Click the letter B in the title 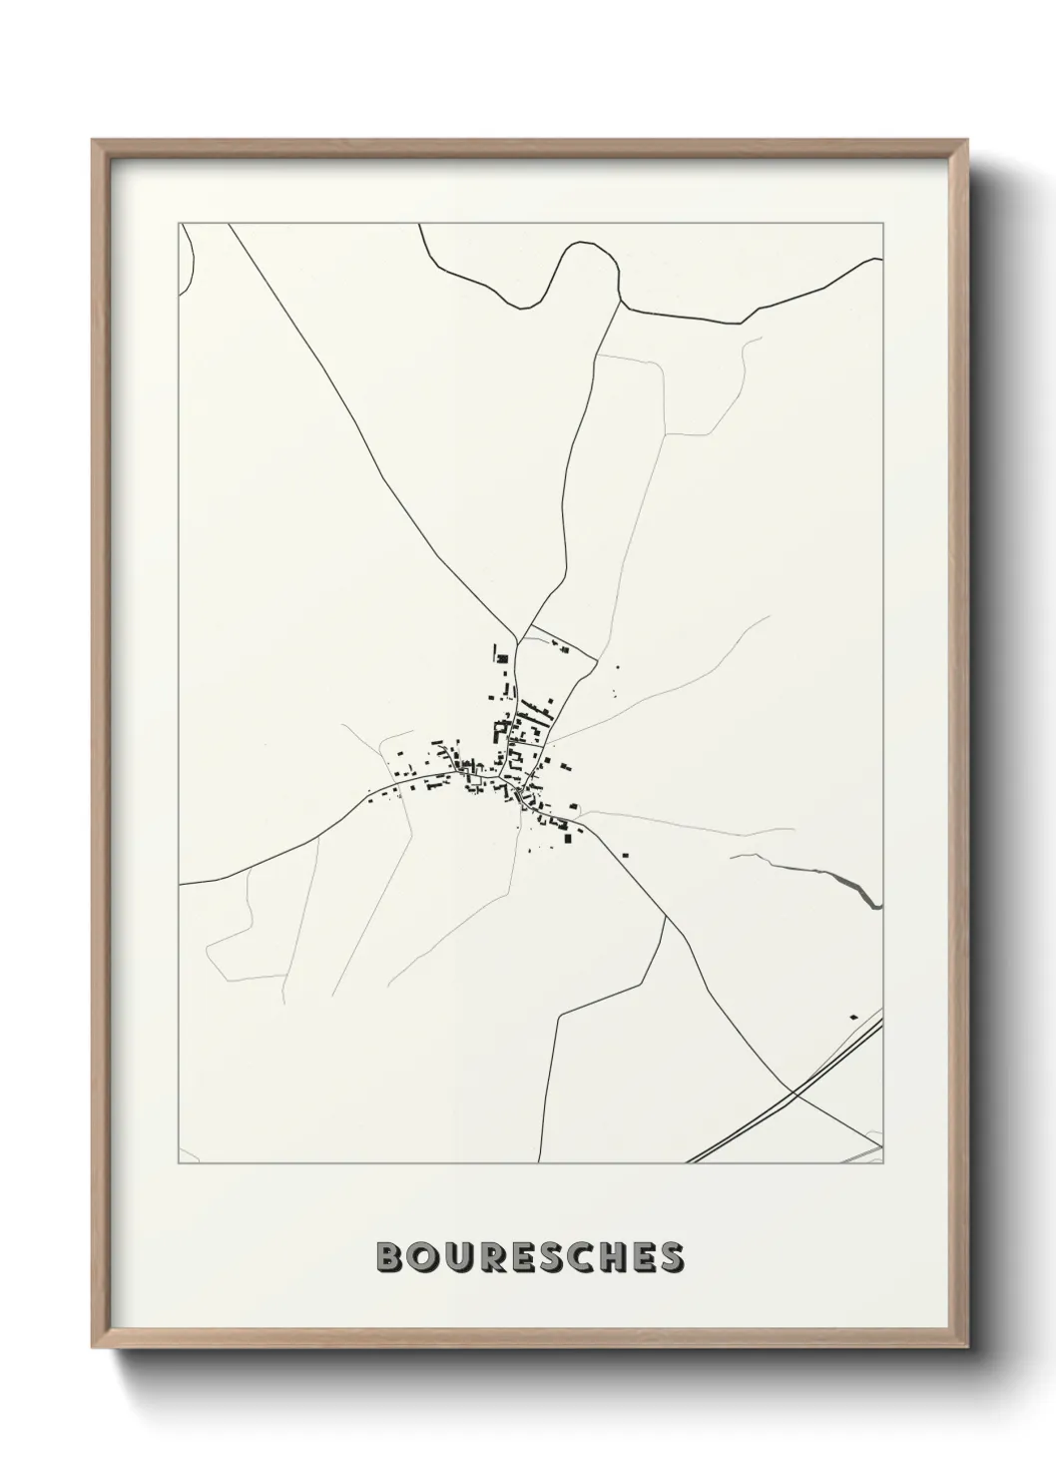click(x=390, y=1256)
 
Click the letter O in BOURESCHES click(x=428, y=1256)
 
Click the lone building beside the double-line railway click(x=853, y=1017)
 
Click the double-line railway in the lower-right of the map click(x=759, y=1119)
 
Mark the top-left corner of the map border click(x=179, y=224)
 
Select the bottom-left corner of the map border click(x=179, y=1163)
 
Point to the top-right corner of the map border click(x=884, y=224)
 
